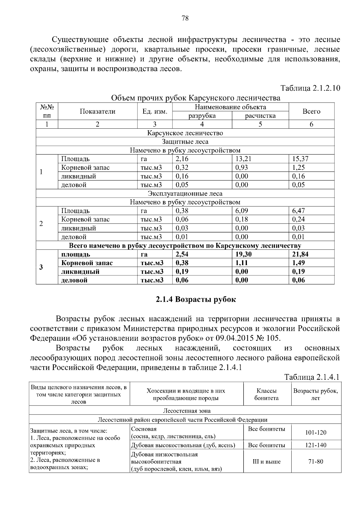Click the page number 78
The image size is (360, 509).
click(185, 18)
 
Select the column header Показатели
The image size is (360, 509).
click(97, 112)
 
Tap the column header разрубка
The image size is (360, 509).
click(202, 116)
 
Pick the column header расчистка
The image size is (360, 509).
click(260, 116)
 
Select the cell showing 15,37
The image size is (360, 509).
click(300, 159)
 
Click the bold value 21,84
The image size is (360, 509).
click(300, 254)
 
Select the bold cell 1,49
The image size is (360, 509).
click(298, 263)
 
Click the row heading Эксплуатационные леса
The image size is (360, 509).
click(185, 194)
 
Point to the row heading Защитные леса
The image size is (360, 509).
click(185, 142)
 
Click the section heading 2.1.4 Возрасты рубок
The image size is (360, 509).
click(196, 299)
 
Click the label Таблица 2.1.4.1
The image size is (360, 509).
click(312, 377)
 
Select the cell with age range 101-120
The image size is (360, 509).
click(316, 433)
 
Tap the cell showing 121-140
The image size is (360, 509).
click(316, 445)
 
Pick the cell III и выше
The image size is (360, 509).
click(266, 462)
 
